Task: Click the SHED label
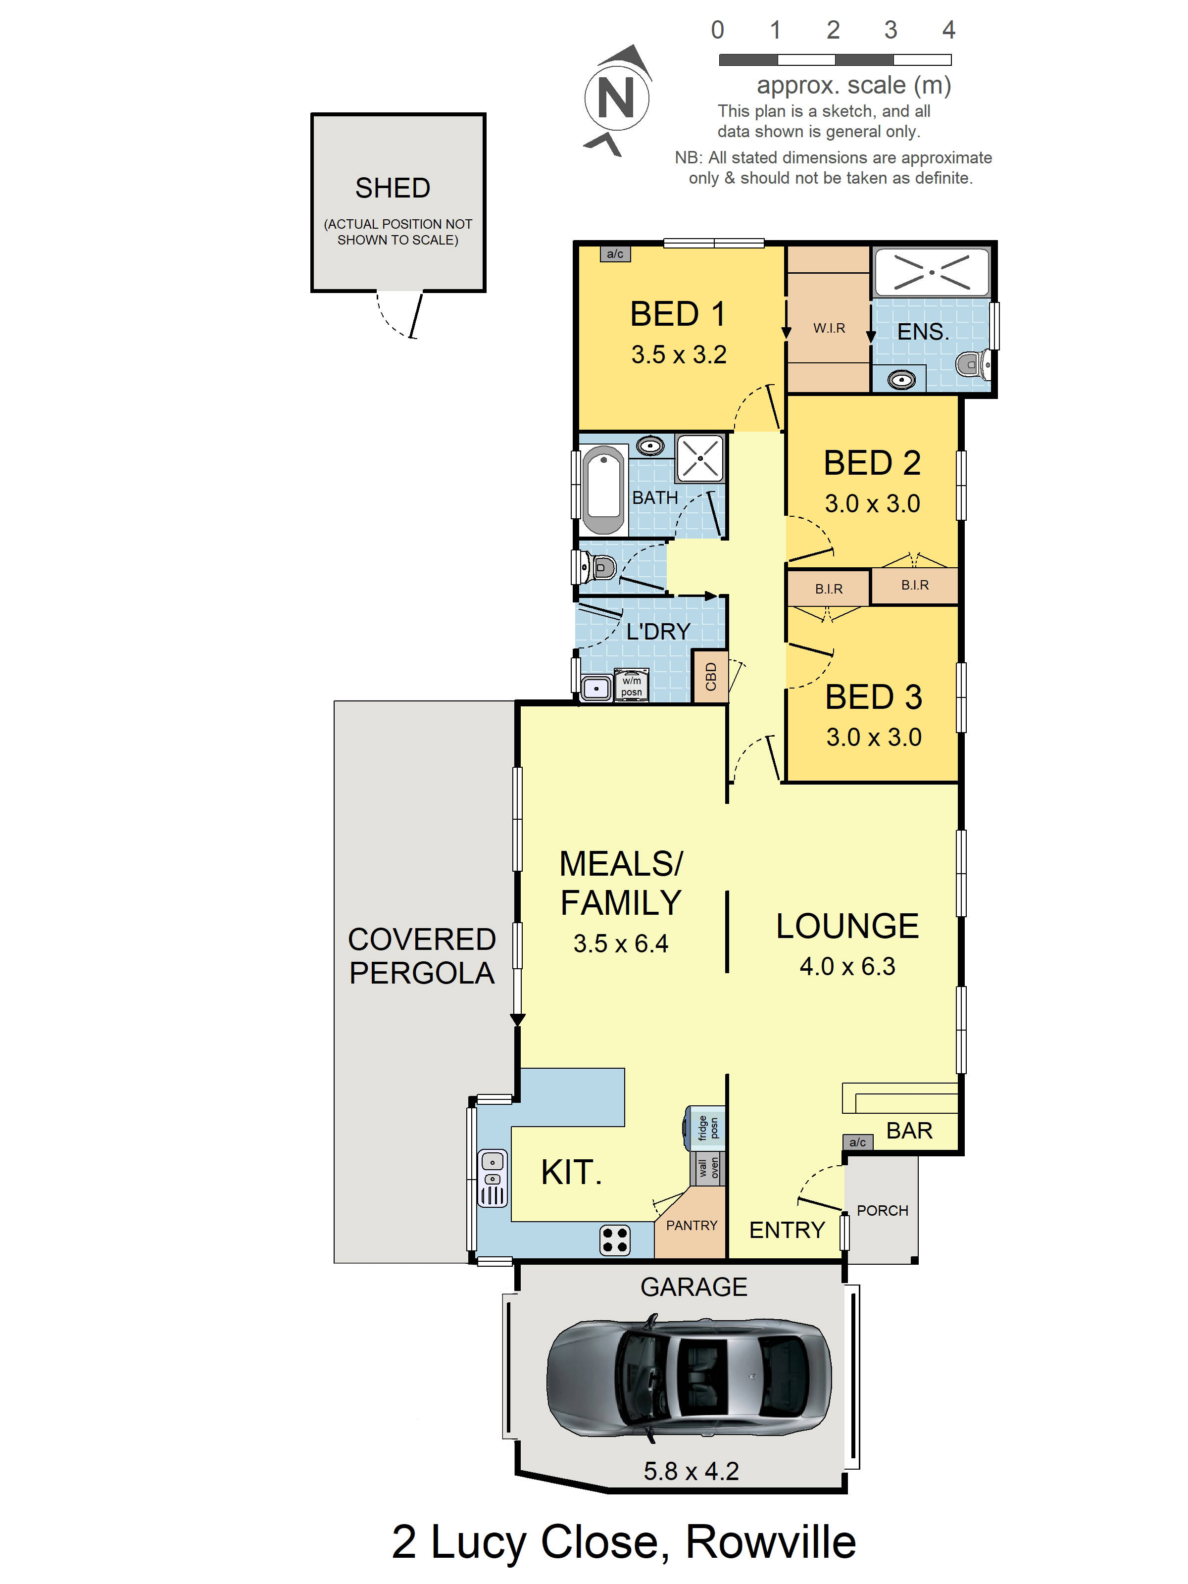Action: click(393, 188)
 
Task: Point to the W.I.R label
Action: click(829, 328)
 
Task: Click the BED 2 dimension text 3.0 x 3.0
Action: click(872, 503)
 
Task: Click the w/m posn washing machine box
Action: click(631, 685)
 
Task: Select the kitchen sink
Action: click(493, 1178)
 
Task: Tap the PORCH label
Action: click(882, 1211)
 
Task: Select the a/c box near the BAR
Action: click(857, 1142)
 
